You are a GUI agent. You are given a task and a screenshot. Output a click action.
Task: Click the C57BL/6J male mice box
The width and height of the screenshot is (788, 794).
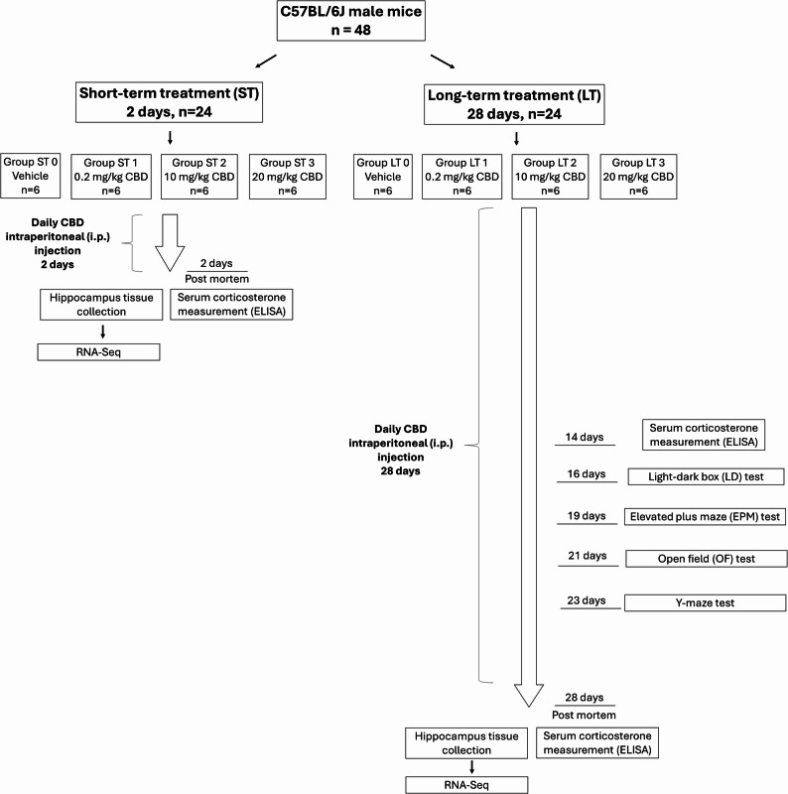pyautogui.click(x=351, y=21)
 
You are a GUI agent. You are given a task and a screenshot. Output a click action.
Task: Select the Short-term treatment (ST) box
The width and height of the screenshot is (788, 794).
pyautogui.click(x=169, y=102)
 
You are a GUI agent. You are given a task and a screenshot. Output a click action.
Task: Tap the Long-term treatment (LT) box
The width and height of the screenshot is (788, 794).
pyautogui.click(x=514, y=104)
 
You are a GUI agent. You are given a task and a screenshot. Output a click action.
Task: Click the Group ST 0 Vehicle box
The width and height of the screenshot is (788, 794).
pyautogui.click(x=31, y=176)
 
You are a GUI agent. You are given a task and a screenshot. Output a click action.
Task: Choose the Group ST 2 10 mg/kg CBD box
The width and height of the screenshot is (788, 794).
pyautogui.click(x=199, y=177)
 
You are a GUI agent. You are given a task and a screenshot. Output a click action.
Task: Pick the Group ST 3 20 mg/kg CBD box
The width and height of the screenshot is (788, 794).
pyautogui.click(x=287, y=177)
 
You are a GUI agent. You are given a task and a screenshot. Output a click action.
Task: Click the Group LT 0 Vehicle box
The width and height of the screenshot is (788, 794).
pyautogui.click(x=383, y=177)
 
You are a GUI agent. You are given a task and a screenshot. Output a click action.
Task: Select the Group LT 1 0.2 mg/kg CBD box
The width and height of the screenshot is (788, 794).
pyautogui.click(x=461, y=177)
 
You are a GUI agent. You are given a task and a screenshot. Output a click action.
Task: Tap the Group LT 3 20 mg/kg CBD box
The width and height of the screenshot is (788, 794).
pyautogui.click(x=638, y=177)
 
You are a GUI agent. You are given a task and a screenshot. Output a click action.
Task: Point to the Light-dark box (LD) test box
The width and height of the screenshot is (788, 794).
pyautogui.click(x=706, y=476)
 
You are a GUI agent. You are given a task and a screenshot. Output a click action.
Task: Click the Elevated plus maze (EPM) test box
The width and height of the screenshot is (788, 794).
pyautogui.click(x=705, y=516)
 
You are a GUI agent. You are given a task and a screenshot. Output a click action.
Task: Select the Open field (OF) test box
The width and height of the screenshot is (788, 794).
pyautogui.click(x=707, y=559)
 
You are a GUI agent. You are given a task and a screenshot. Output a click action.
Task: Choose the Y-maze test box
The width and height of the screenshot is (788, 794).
pyautogui.click(x=705, y=602)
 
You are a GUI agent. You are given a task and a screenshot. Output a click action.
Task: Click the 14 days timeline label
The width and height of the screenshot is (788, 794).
pyautogui.click(x=585, y=437)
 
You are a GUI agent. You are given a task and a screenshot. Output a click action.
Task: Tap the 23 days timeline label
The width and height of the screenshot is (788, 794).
pyautogui.click(x=587, y=600)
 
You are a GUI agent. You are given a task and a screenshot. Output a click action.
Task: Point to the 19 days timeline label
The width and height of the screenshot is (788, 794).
pyautogui.click(x=587, y=516)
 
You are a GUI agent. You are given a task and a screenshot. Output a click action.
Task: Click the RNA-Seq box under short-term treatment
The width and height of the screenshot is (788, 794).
pyautogui.click(x=99, y=352)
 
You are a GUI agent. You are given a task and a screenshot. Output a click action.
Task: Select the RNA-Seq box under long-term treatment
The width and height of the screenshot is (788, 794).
pyautogui.click(x=466, y=785)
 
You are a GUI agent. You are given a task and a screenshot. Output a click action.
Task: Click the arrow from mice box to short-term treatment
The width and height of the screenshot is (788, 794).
pyautogui.click(x=266, y=61)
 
